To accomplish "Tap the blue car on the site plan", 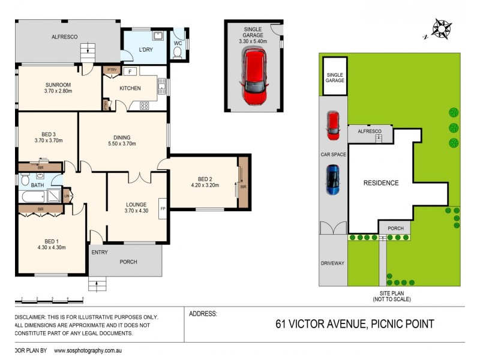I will click(332, 180).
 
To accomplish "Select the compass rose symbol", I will click(442, 28).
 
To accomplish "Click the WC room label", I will click(178, 43).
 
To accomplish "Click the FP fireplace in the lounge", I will click(162, 209).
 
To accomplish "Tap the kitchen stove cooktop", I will click(144, 106).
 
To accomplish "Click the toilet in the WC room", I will click(177, 53).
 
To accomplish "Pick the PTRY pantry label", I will click(111, 70).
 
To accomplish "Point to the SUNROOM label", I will click(58, 84).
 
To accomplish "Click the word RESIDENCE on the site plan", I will click(381, 183).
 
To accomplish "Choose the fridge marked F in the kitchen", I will click(130, 72).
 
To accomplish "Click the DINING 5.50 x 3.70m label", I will click(122, 140).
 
